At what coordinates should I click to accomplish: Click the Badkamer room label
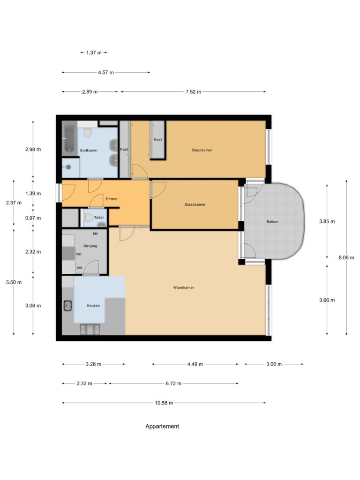pyautogui.click(x=89, y=150)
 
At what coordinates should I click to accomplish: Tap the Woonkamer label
pyautogui.click(x=183, y=287)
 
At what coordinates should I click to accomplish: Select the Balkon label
pyautogui.click(x=272, y=221)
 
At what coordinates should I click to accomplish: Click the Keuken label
pyautogui.click(x=93, y=306)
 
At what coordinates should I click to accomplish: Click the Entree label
pyautogui.click(x=112, y=199)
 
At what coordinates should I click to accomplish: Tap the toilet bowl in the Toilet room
pyautogui.click(x=89, y=217)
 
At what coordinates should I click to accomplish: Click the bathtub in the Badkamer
pyautogui.click(x=70, y=137)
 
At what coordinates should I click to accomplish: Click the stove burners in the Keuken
pyautogui.click(x=90, y=330)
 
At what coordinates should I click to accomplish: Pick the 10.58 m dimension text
pyautogui.click(x=164, y=403)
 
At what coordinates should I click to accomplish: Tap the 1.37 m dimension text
pyautogui.click(x=94, y=53)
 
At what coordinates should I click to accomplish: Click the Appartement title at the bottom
pyautogui.click(x=162, y=427)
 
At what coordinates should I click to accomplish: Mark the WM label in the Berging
pyautogui.click(x=79, y=268)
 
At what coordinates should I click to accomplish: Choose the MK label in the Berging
pyautogui.click(x=95, y=233)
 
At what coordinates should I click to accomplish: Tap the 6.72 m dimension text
pyautogui.click(x=173, y=383)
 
